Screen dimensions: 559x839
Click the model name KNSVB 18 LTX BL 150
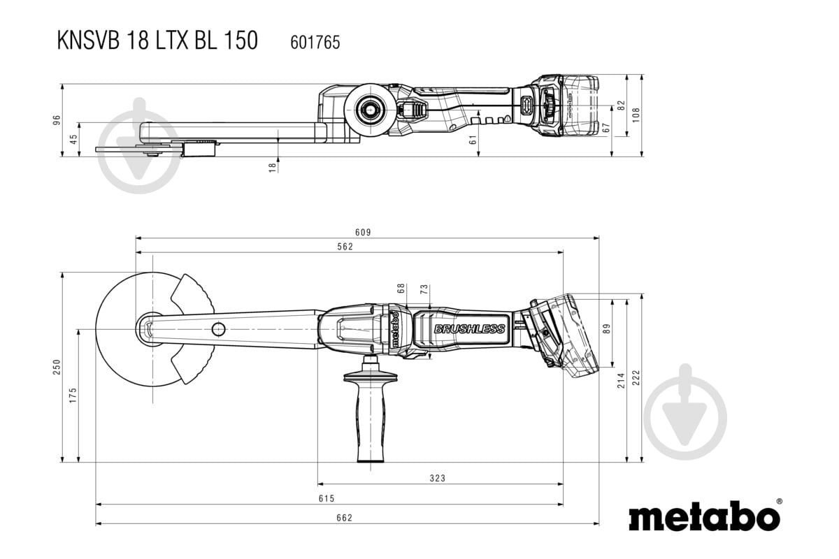pos(157,41)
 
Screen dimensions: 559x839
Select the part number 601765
pos(315,43)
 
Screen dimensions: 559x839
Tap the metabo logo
pos(704,517)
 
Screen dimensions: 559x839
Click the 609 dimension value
pos(362,232)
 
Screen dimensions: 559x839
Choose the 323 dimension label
pos(437,479)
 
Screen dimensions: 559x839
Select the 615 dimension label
pos(327,498)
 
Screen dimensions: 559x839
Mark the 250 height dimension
pos(57,367)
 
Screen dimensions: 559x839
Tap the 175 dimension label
pos(73,395)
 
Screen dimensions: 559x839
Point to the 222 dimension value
pos(636,378)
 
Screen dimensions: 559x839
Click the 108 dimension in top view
pos(636,115)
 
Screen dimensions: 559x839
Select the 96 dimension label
pos(57,120)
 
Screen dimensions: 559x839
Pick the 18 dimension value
pos(273,166)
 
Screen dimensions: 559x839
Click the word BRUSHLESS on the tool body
pos(469,328)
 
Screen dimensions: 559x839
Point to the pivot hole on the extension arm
pos(219,328)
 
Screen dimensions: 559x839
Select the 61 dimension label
pos(473,140)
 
